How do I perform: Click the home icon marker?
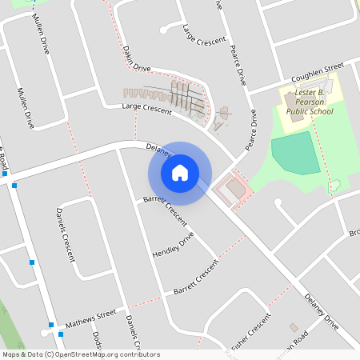point(180,173)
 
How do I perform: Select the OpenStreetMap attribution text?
point(80,354)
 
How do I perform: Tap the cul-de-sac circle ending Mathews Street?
point(44,332)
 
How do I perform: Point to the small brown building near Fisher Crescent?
point(294,328)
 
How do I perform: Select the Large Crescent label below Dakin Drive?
point(146,109)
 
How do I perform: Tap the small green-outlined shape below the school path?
point(334,186)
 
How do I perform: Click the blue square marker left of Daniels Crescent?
point(32,262)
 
